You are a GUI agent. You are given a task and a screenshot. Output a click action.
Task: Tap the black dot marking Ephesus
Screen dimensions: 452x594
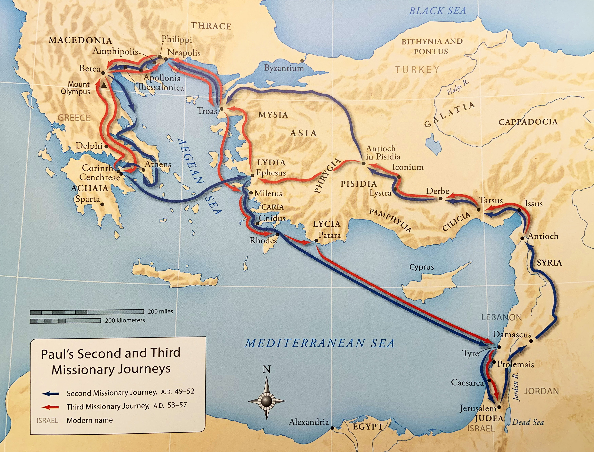coord(252,175)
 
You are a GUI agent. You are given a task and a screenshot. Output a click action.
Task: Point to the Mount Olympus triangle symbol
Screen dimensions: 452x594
coord(104,85)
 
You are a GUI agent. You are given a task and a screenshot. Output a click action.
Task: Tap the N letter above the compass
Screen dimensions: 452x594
coord(266,369)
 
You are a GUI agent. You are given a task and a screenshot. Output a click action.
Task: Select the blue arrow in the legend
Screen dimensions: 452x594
coord(50,394)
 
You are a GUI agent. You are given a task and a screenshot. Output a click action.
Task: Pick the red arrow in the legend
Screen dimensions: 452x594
coord(50,407)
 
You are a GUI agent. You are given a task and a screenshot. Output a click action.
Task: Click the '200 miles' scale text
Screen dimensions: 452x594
coord(160,311)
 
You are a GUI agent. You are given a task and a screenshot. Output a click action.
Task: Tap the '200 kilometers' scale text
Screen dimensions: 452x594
coord(125,320)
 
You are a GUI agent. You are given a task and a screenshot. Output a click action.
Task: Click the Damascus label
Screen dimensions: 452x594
coord(512,334)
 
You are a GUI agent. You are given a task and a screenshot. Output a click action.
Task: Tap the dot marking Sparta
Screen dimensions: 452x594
coord(102,204)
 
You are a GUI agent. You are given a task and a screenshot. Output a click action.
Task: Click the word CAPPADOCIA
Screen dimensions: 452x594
coord(528,122)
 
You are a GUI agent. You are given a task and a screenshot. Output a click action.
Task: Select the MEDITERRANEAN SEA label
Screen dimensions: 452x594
coord(319,343)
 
